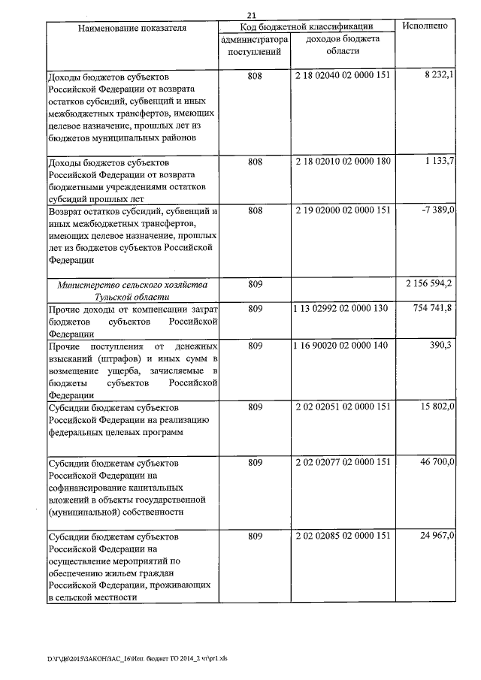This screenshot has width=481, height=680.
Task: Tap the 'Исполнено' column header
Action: [425, 26]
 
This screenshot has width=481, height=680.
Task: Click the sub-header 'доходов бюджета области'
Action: [343, 45]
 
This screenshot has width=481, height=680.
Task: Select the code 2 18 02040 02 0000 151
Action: [343, 77]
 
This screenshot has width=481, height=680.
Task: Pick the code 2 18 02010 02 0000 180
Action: [343, 162]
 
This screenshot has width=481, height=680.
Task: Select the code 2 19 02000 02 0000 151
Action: [343, 210]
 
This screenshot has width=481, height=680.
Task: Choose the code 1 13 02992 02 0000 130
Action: [343, 309]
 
